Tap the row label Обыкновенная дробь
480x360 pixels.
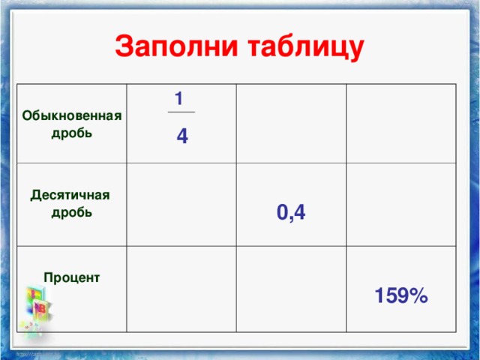pyautogui.click(x=72, y=124)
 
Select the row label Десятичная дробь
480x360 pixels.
pyautogui.click(x=71, y=203)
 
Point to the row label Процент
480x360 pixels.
pyautogui.click(x=72, y=277)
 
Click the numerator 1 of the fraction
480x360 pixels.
pyautogui.click(x=178, y=98)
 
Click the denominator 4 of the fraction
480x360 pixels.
pyautogui.click(x=182, y=136)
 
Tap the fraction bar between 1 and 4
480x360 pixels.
pyautogui.click(x=181, y=112)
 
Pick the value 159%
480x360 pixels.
pyautogui.click(x=401, y=297)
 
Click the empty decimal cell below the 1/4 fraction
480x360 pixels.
pyautogui.click(x=181, y=204)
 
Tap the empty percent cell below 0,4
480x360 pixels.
pyautogui.click(x=291, y=289)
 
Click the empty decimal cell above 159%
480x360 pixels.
pyautogui.click(x=400, y=204)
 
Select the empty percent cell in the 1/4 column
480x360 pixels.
pyautogui.click(x=181, y=289)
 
